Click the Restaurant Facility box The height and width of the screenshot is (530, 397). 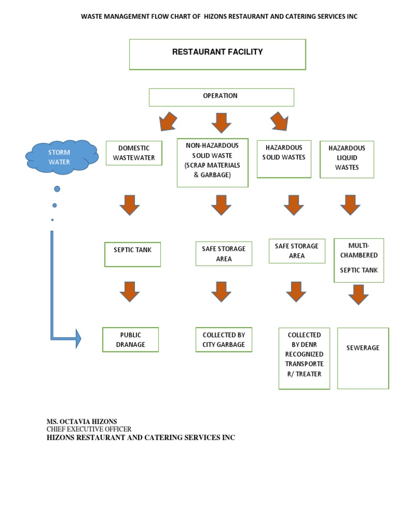click(217, 54)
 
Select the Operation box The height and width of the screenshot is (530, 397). click(221, 97)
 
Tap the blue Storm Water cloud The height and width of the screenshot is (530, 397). click(62, 157)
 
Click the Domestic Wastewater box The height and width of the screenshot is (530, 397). click(134, 153)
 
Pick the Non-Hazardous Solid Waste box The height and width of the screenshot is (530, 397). click(212, 162)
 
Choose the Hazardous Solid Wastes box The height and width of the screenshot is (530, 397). click(284, 159)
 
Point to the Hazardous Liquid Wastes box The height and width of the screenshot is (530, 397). click(347, 159)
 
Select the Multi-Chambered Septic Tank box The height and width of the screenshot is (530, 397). click(359, 260)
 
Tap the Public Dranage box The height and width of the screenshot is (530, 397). click(130, 340)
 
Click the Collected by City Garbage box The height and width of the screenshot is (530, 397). click(224, 340)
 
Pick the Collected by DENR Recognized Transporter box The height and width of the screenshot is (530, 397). click(304, 358)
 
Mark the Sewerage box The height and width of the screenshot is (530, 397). click(363, 358)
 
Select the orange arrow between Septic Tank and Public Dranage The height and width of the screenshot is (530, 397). click(130, 292)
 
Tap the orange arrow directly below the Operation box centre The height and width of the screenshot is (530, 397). click(221, 123)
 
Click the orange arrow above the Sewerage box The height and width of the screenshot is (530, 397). click(359, 294)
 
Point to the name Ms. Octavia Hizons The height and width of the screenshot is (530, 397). click(82, 421)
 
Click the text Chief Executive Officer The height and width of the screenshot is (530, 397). click(89, 429)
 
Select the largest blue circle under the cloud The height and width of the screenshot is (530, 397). click(57, 188)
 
